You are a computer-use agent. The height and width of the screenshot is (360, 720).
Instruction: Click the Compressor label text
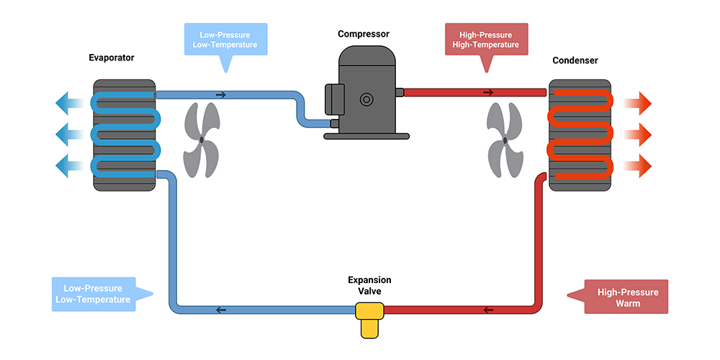click(x=364, y=34)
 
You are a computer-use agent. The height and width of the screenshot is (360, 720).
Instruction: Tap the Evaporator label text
click(x=112, y=58)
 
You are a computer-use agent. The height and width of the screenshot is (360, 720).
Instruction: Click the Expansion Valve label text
click(x=369, y=285)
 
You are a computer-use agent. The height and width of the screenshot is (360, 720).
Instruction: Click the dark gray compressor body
click(x=368, y=94)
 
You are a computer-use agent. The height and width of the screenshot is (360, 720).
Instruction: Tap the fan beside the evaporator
click(x=202, y=140)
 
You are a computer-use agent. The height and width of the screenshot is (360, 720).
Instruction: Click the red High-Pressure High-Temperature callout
click(x=486, y=40)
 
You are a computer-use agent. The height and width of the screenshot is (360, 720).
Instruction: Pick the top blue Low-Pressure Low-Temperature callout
click(x=225, y=40)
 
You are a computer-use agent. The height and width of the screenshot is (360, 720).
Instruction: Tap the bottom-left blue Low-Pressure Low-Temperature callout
click(x=92, y=294)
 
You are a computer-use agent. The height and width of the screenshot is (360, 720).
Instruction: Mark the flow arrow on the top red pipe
click(x=488, y=92)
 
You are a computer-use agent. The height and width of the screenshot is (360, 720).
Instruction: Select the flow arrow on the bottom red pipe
click(x=489, y=310)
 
